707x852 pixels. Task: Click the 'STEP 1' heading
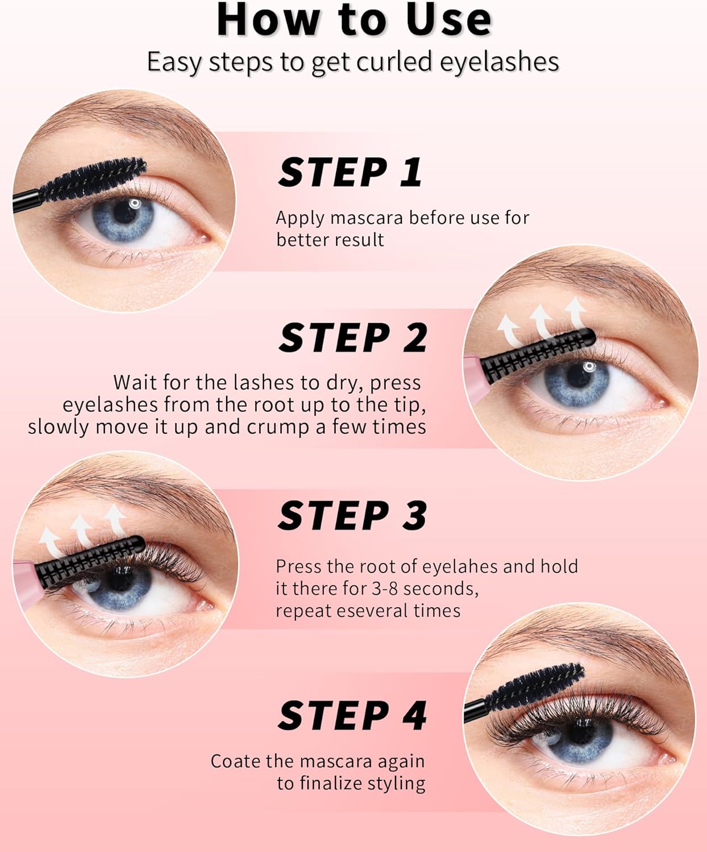pyautogui.click(x=350, y=173)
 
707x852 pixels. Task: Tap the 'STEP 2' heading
pyautogui.click(x=353, y=338)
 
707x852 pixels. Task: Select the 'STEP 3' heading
pyautogui.click(x=352, y=516)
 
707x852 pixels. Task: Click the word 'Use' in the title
pyautogui.click(x=449, y=20)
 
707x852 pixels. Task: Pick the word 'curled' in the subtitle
pyautogui.click(x=394, y=62)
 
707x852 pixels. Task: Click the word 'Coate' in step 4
pyautogui.click(x=235, y=762)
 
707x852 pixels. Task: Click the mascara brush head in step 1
pyautogui.click(x=93, y=179)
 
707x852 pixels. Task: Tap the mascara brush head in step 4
pyautogui.click(x=535, y=687)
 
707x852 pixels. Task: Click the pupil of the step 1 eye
pyautogui.click(x=124, y=212)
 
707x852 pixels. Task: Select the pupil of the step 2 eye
pyautogui.click(x=577, y=374)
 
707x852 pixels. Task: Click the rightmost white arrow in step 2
pyautogui.click(x=576, y=312)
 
